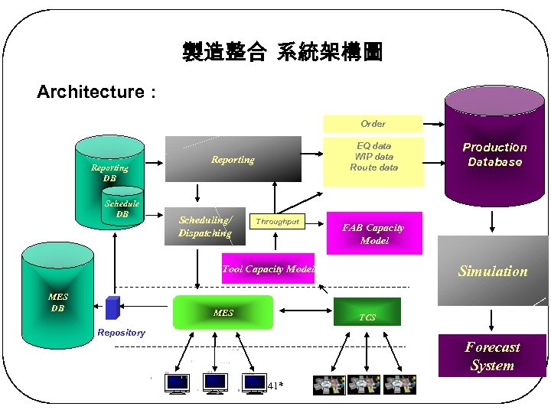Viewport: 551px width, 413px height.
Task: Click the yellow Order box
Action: [373, 123]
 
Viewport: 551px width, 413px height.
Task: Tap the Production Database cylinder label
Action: [494, 154]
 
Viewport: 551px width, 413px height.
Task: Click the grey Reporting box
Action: [233, 160]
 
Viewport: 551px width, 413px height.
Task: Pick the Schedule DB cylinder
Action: [122, 210]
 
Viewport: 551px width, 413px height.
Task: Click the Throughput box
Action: [278, 222]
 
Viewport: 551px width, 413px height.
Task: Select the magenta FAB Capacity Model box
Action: [374, 233]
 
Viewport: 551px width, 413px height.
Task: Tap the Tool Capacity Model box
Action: [268, 268]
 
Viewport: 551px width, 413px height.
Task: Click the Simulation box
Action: [492, 271]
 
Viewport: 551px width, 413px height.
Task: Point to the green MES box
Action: [223, 312]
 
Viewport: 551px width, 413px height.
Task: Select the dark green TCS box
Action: [368, 313]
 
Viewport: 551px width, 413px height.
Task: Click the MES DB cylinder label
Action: [58, 302]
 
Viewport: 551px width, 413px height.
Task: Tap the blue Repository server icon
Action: [112, 307]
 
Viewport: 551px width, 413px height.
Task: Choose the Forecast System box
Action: [492, 356]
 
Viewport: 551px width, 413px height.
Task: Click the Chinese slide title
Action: [282, 52]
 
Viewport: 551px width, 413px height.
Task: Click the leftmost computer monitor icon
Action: [178, 383]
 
